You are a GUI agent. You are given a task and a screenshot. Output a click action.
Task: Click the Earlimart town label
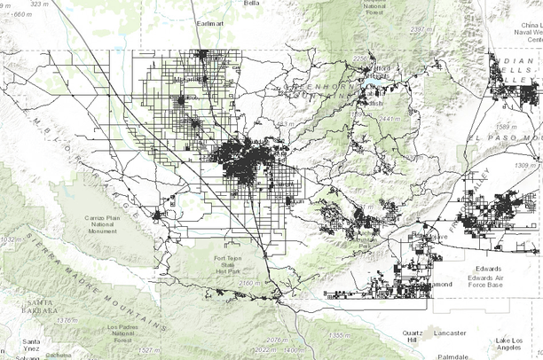214,25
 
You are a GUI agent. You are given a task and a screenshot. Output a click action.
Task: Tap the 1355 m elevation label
341,335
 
